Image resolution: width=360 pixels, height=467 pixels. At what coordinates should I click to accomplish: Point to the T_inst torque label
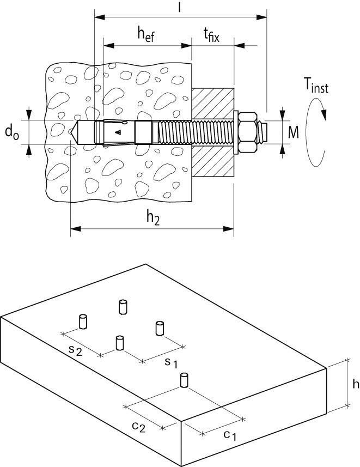[316, 86]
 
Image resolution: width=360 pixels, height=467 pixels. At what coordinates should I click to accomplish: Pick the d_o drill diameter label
[11, 132]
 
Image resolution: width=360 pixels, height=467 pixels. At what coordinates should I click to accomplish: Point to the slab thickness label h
[355, 384]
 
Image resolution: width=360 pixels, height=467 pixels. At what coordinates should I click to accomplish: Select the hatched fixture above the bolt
[213, 101]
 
